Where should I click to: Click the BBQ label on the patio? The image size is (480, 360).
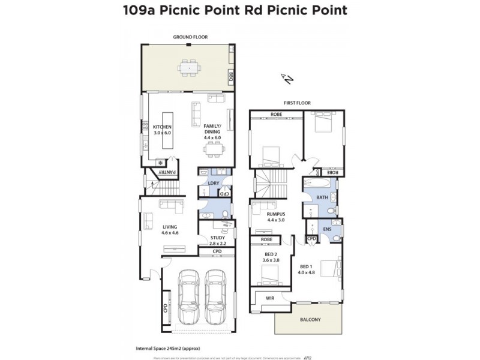(x=230, y=77)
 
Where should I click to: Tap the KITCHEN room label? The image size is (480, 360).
(x=162, y=127)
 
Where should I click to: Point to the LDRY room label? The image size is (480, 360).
(x=212, y=182)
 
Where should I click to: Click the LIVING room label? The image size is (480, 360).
(x=170, y=227)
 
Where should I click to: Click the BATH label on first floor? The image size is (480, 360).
(x=322, y=197)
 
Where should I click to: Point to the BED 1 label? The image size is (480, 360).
(x=306, y=266)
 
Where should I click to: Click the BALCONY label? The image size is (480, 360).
(x=310, y=320)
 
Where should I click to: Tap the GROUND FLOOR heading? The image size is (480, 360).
(x=190, y=37)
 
